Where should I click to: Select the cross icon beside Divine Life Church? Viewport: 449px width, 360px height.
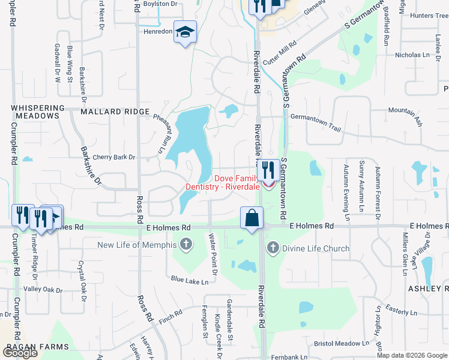273,247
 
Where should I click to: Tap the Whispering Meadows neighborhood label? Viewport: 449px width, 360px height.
37,111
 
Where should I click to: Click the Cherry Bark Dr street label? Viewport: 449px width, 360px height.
114,157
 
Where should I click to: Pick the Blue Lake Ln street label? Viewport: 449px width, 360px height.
189,280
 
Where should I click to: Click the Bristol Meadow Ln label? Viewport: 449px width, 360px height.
341,344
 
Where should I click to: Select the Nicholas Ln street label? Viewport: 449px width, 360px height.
412,55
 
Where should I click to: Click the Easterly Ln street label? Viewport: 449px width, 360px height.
401,312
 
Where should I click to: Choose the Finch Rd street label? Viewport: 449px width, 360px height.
170,317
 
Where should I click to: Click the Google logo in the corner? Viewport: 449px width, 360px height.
20,352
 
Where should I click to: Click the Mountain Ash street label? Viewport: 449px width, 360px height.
405,116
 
